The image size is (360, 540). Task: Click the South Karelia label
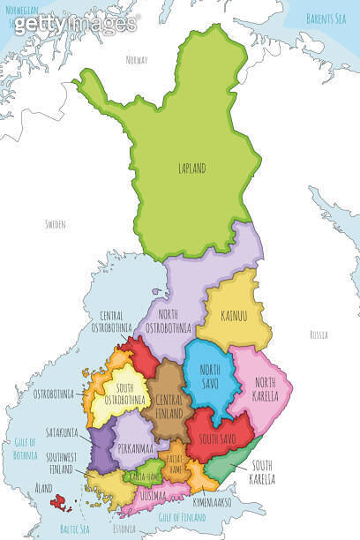(261, 472)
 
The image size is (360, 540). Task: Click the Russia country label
(319, 335)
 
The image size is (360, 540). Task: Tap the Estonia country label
(124, 531)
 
